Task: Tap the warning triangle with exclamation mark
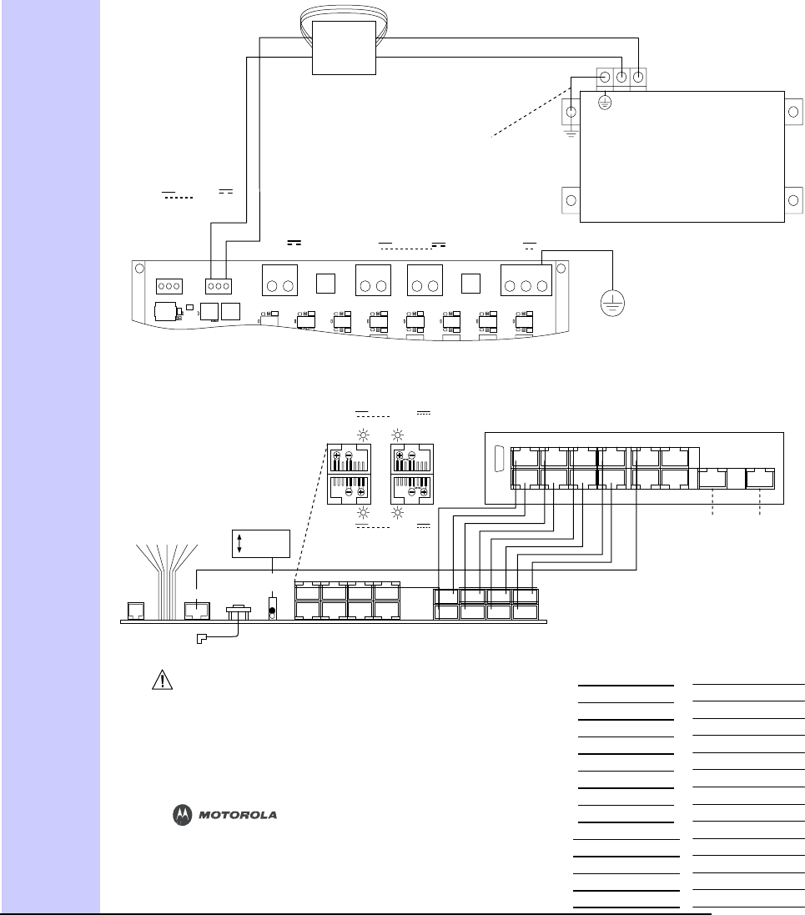coord(158,681)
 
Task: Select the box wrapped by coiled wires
coord(344,48)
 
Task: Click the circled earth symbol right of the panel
coord(613,301)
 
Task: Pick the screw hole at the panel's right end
coord(561,269)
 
